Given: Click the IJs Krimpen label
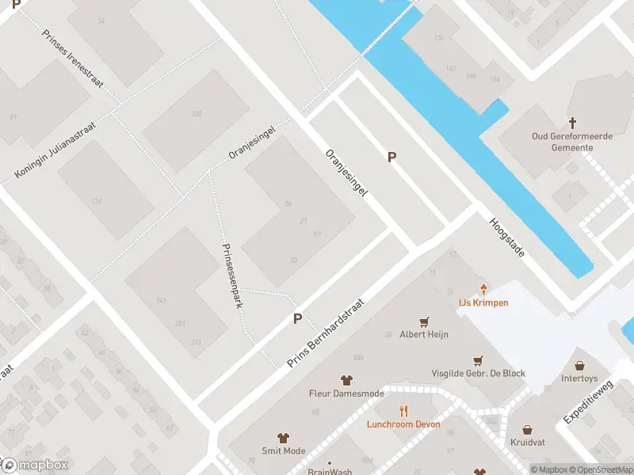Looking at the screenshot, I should [483, 303].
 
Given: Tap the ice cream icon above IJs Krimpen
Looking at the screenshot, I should [483, 290].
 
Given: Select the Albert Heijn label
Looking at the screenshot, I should [424, 334].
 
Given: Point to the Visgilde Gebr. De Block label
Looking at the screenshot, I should [478, 374].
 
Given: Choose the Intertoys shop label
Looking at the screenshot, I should [579, 378].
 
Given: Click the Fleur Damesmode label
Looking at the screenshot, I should [346, 393].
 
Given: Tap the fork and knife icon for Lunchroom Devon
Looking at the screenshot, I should [403, 410].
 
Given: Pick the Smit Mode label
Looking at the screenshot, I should [283, 450].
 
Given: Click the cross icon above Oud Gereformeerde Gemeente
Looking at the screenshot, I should [572, 123].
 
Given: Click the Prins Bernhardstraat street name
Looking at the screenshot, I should [326, 332].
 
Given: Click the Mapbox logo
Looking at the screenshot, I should [35, 465].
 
